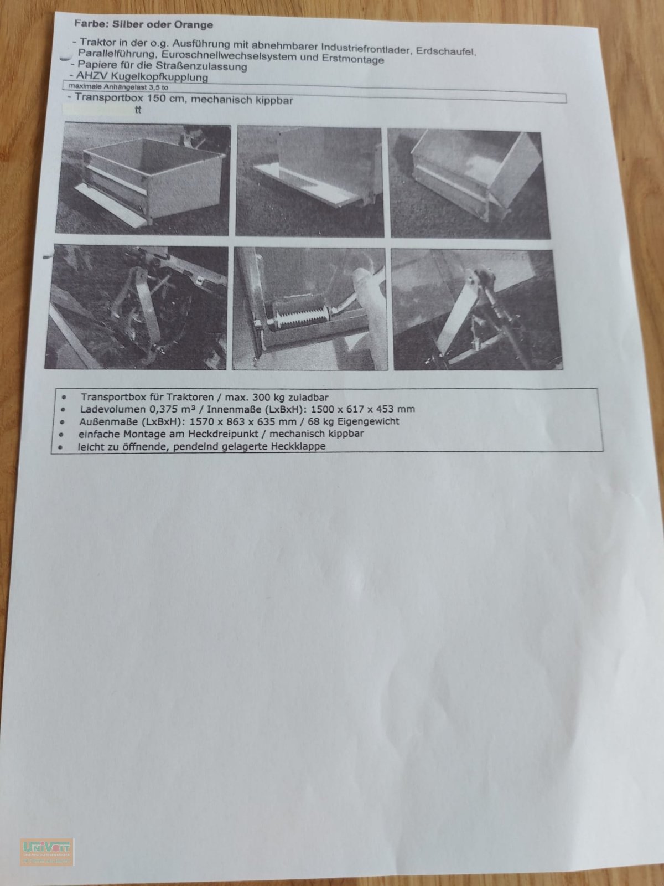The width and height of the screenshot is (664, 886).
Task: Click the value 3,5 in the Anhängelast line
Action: pos(155,87)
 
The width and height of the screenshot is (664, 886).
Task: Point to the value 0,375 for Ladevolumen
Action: pos(163,409)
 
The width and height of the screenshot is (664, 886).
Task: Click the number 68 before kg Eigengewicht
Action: pos(314,421)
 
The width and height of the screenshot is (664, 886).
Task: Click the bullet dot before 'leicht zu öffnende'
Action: pos(60,447)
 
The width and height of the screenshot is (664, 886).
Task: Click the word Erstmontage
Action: pos(353,59)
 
